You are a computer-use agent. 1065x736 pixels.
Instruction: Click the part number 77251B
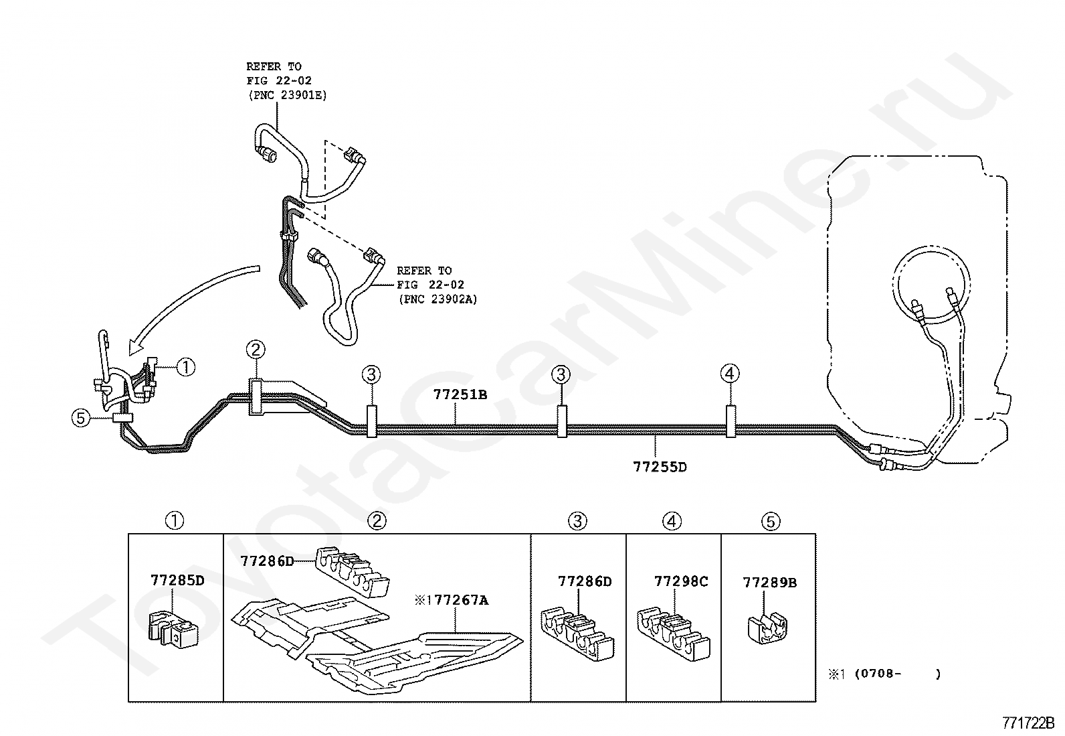click(x=460, y=394)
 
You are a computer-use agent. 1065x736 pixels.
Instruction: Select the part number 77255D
click(x=660, y=467)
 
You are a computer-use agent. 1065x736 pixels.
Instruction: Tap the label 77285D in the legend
click(x=177, y=581)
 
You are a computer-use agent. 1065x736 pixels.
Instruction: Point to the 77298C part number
click(x=681, y=581)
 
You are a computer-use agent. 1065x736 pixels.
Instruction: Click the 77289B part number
click(x=770, y=582)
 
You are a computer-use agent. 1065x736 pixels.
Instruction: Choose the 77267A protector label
click(x=461, y=600)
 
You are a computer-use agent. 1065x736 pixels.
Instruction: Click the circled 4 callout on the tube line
click(x=730, y=374)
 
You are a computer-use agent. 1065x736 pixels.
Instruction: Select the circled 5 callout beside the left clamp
click(x=80, y=418)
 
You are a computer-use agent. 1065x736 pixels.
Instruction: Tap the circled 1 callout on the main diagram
click(x=185, y=367)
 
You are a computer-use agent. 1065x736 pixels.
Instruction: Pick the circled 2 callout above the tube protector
click(x=256, y=350)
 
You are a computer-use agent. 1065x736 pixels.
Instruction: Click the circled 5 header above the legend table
click(x=771, y=521)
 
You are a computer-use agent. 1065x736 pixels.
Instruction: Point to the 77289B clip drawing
click(x=767, y=630)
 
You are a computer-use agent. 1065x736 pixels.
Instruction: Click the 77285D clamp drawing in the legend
click(x=173, y=628)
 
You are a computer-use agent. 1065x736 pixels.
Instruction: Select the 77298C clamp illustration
click(x=673, y=633)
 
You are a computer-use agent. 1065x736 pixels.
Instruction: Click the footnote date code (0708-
click(x=878, y=674)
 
